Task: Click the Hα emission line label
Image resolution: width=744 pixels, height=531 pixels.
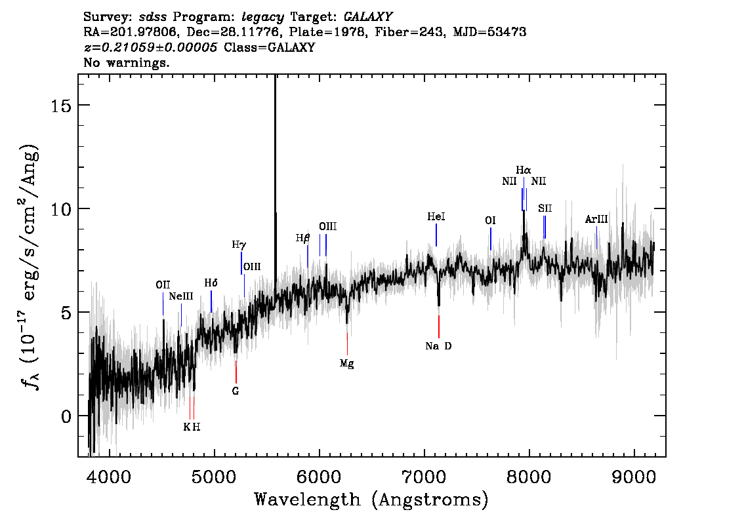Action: click(524, 170)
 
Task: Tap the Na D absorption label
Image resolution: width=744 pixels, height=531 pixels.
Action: click(438, 346)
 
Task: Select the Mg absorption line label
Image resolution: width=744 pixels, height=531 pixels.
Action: click(347, 364)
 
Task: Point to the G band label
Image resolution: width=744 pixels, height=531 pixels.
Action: click(236, 391)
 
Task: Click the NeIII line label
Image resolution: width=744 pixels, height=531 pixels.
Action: click(181, 296)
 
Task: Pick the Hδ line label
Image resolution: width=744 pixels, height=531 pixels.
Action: click(211, 283)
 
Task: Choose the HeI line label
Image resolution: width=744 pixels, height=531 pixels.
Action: click(436, 217)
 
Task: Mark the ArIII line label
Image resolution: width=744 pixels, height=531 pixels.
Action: click(596, 219)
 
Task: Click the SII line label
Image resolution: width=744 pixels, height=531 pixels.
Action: click(545, 208)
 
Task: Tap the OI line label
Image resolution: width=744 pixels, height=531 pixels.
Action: click(490, 220)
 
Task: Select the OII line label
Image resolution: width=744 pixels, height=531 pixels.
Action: click(163, 285)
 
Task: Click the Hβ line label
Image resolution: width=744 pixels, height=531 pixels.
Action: click(302, 238)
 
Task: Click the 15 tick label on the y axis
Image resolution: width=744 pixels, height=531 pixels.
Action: click(60, 106)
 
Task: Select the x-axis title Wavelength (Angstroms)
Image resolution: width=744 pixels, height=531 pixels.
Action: click(371, 500)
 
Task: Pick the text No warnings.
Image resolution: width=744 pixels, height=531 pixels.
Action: click(126, 62)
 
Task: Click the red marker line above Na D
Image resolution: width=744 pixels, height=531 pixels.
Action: click(439, 326)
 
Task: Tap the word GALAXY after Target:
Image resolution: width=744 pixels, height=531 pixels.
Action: click(367, 17)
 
